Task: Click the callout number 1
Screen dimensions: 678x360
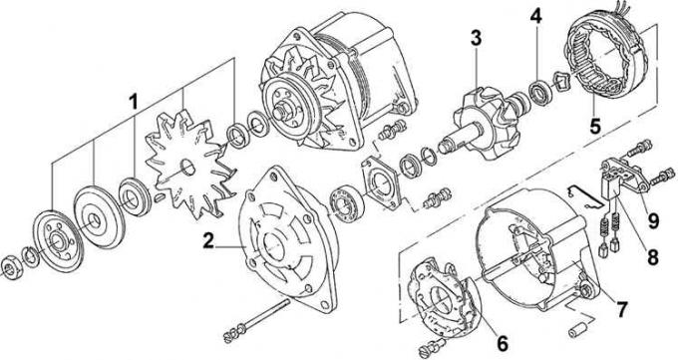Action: click(134, 103)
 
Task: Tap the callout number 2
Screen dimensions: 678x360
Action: click(208, 241)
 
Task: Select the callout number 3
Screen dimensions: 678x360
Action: click(476, 38)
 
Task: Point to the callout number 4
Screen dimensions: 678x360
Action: click(535, 16)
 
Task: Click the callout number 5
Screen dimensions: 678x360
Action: click(595, 126)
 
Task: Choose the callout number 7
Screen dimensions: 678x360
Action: click(621, 309)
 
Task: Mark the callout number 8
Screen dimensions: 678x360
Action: click(652, 257)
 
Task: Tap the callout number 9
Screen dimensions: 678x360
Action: click(653, 220)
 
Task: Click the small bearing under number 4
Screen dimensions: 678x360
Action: click(541, 92)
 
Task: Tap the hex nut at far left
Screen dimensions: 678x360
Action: click(9, 267)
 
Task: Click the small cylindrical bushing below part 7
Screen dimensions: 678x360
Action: click(578, 330)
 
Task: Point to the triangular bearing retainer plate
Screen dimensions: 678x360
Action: click(381, 183)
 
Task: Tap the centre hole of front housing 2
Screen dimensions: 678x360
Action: click(273, 245)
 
